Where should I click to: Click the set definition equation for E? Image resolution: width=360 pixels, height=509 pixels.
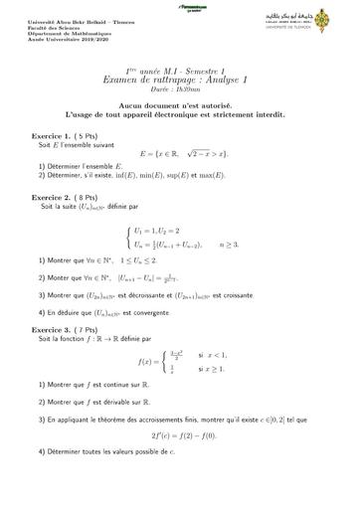point(181,155)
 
